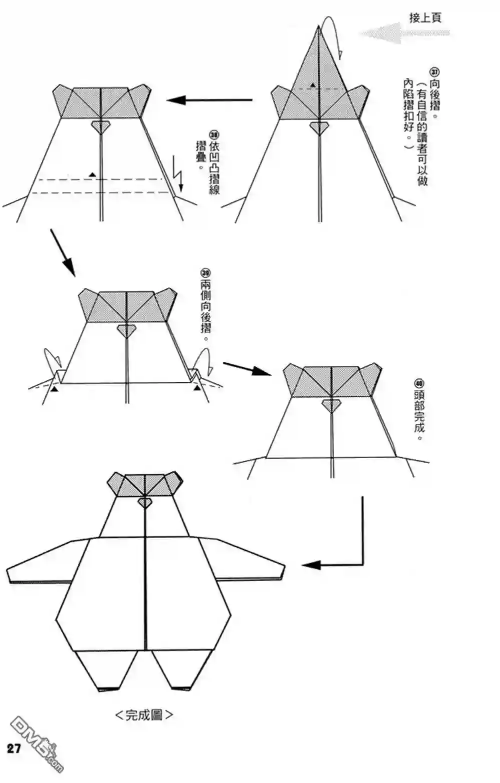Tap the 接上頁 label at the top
425,18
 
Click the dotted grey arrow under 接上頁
404,33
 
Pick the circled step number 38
214,135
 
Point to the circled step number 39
205,272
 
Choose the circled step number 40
419,383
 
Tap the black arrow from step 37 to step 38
209,100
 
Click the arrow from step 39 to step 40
247,369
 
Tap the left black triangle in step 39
54,388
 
